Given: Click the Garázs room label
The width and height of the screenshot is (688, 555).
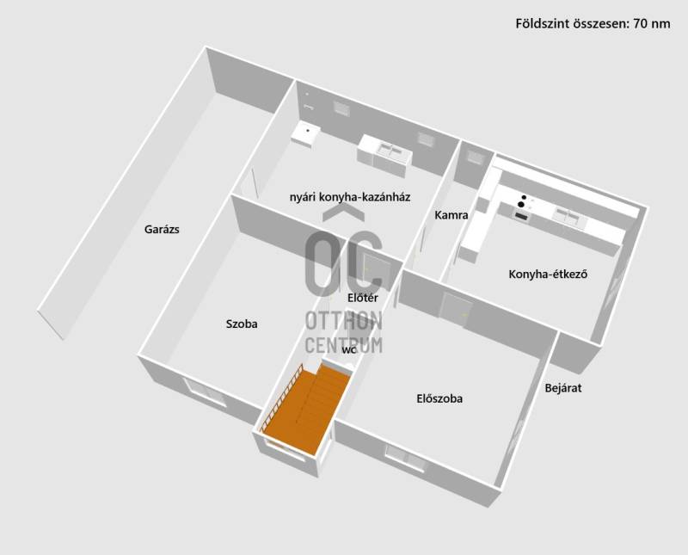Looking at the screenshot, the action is [162, 229].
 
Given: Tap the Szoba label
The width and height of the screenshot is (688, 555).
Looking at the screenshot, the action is [242, 324].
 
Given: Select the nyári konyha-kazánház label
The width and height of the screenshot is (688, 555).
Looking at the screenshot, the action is [350, 197].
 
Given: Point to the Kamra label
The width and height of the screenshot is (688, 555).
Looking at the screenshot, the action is [451, 215].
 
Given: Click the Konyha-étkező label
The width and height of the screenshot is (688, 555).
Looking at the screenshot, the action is [548, 274].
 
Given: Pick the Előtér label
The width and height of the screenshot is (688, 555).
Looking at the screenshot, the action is [363, 298].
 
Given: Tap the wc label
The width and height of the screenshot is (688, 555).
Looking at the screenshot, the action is [349, 350].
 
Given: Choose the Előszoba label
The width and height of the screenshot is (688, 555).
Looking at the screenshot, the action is [439, 398].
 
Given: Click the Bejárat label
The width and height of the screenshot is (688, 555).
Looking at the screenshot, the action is [563, 388].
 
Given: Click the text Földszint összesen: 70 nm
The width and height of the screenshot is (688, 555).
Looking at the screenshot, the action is [593, 23].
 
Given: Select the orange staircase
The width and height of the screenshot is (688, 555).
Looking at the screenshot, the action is [306, 410].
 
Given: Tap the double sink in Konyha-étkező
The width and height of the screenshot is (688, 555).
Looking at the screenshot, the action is [568, 217].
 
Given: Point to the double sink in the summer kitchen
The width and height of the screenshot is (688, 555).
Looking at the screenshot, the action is [390, 151].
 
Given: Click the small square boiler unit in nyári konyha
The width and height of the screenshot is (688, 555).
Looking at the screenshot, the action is [305, 135].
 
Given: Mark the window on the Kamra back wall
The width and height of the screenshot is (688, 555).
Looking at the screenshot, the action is [475, 157].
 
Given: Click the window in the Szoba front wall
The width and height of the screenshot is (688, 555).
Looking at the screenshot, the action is [206, 392].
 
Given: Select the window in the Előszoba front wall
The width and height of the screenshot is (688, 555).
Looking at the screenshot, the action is [405, 459].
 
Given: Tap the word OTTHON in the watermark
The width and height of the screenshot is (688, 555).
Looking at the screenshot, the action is [343, 321].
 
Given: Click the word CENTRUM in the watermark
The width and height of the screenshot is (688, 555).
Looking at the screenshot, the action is [343, 345].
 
